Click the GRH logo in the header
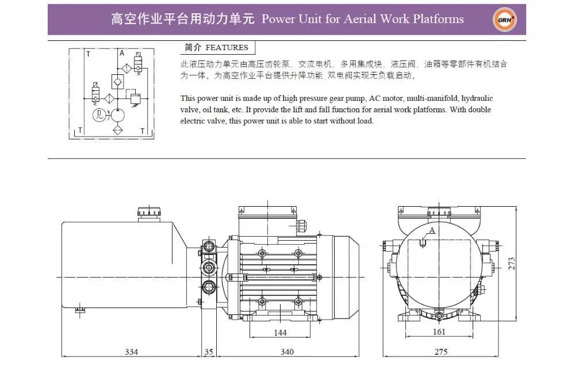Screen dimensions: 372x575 point(505,20)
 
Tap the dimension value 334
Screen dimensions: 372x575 point(132,351)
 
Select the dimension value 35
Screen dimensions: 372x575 point(208,351)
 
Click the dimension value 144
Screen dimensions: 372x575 point(279,333)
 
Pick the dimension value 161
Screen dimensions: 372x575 point(438,332)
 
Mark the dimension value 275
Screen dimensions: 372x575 point(440,351)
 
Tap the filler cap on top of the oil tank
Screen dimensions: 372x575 point(148,212)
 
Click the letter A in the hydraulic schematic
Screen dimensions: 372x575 point(121,53)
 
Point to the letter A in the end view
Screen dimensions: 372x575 point(432,230)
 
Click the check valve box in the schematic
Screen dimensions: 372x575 point(118,81)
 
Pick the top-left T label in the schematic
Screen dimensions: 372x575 point(87,54)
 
